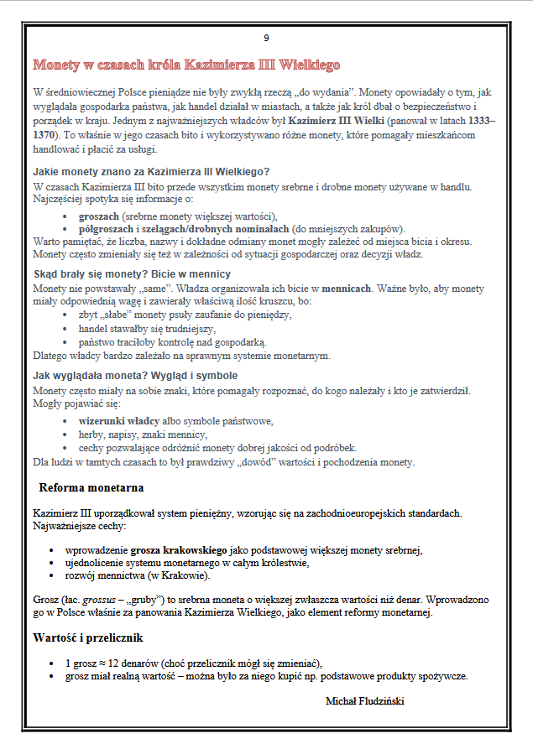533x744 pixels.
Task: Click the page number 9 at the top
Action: coord(266,38)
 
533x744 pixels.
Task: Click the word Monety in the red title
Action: coord(57,65)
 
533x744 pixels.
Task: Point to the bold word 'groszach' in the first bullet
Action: coord(99,216)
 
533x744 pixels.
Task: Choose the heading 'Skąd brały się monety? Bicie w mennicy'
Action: coord(132,274)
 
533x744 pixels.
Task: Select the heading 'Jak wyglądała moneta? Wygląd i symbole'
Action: coord(134,375)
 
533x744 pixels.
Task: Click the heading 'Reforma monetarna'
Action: coord(91,487)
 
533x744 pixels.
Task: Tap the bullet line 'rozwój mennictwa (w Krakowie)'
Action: coord(137,575)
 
